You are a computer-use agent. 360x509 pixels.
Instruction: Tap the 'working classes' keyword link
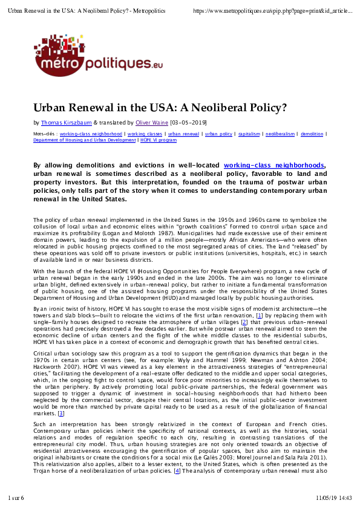[145, 134]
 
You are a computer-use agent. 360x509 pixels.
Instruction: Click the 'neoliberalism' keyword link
[281, 134]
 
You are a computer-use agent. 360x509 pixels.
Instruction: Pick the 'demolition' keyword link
[312, 134]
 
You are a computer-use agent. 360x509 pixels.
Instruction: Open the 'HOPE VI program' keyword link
[159, 140]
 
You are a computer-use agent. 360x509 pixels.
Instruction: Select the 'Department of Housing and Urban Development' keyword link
[84, 140]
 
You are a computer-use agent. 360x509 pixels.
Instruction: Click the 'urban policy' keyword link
[218, 134]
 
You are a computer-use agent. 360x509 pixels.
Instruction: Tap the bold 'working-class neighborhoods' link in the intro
[273, 165]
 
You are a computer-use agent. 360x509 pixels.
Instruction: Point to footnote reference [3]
[61, 413]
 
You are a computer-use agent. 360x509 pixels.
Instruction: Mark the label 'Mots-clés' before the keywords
[44, 134]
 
